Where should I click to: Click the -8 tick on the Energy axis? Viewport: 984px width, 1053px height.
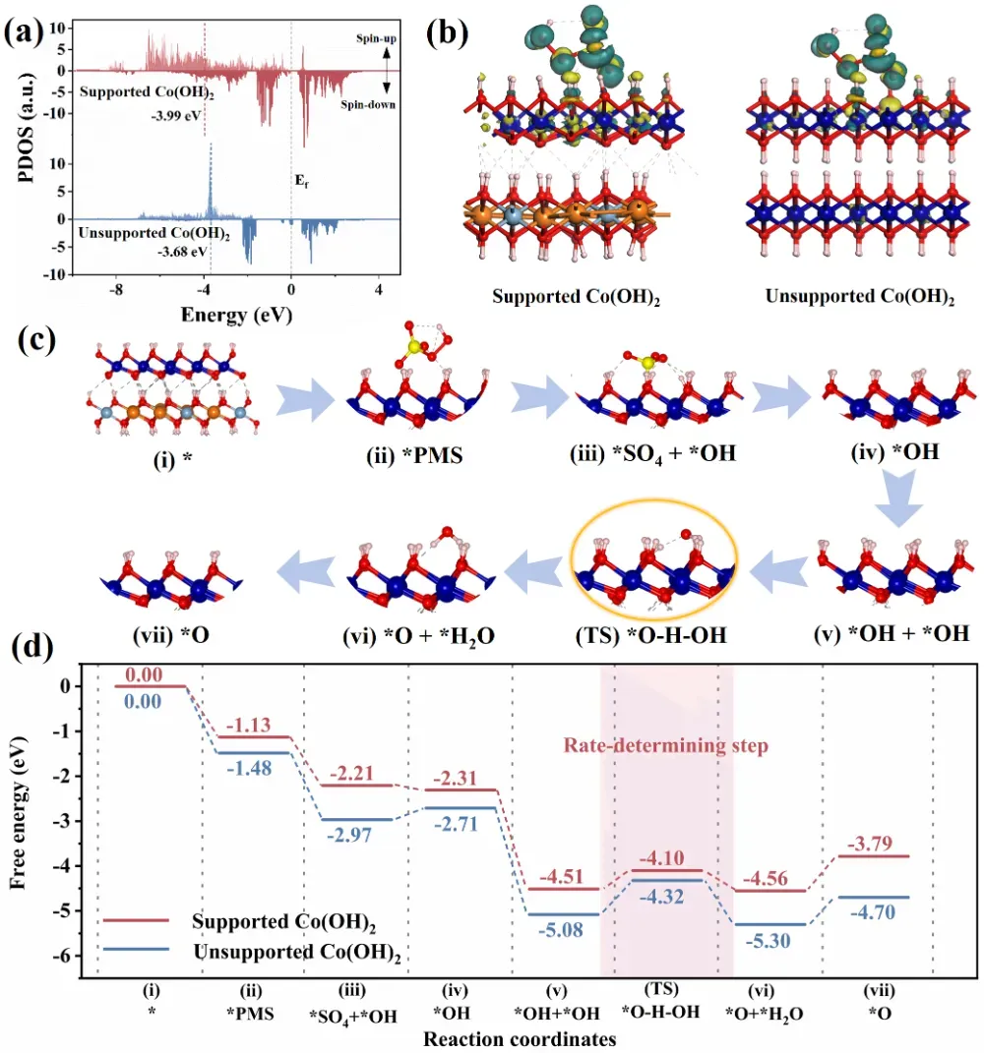coord(116,291)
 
